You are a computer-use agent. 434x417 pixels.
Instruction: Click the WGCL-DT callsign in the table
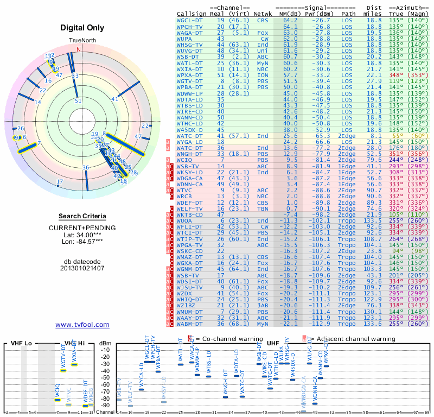[x=190, y=20]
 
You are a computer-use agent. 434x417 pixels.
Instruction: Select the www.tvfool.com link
[x=82, y=325]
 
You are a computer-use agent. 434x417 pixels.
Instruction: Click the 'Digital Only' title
[x=82, y=28]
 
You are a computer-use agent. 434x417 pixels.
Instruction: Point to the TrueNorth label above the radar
[x=82, y=41]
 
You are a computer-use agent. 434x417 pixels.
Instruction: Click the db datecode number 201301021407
[x=82, y=268]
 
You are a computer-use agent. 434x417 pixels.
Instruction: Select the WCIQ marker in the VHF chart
[x=58, y=400]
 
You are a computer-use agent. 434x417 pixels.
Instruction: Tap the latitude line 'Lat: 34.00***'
[x=82, y=235]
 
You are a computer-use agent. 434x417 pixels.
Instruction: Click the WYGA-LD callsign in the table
[x=190, y=141]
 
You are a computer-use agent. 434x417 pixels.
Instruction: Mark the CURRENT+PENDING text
[x=82, y=228]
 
